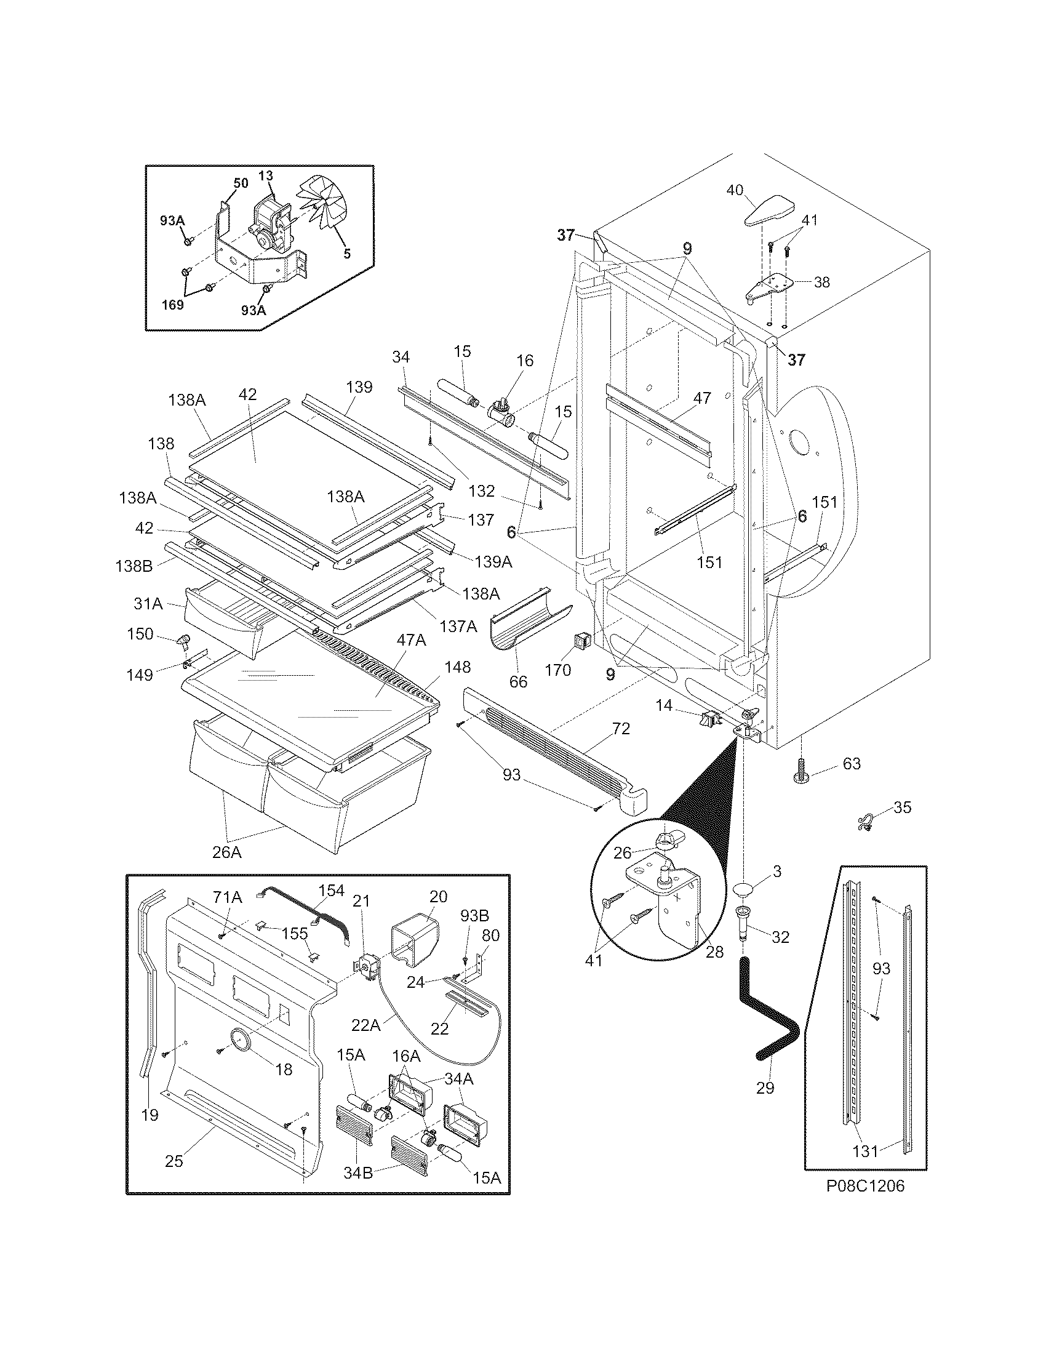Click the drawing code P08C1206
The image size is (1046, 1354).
(865, 1185)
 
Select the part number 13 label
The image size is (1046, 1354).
(265, 177)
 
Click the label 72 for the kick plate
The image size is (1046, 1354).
(621, 729)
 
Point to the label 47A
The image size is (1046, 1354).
(412, 641)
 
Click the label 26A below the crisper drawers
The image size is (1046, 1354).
(226, 852)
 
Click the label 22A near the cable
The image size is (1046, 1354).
(365, 1026)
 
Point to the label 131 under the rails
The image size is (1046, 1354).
(865, 1151)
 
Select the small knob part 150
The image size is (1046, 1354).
(183, 640)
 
